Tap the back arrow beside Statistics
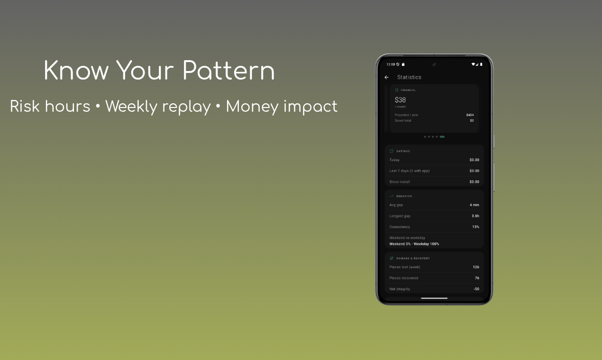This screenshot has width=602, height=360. pos(386,77)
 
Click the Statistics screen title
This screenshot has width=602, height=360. pos(409,77)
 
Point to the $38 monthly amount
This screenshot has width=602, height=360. pos(400,100)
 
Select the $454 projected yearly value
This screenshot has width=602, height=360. pos(470,115)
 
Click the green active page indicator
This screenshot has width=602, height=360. pos(442,136)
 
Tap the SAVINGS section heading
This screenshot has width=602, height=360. pos(403,151)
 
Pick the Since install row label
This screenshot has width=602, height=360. pos(400,182)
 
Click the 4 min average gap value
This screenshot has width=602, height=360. pos(474,205)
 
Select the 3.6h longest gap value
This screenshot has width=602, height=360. pos(475,216)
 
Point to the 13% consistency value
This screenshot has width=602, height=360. pos(475,227)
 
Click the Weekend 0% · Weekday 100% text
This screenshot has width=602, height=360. pos(414,244)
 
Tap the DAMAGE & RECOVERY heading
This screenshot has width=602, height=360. pos(413,259)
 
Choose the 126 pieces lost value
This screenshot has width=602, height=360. pos(475,267)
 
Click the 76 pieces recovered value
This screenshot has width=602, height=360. pos(476,278)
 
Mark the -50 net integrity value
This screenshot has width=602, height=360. pos(476,289)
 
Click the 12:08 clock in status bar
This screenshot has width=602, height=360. pos(391,64)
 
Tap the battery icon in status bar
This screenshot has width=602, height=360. pos(481,64)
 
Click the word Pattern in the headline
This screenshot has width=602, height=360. pos(228,71)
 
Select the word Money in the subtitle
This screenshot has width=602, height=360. pos(252,107)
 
